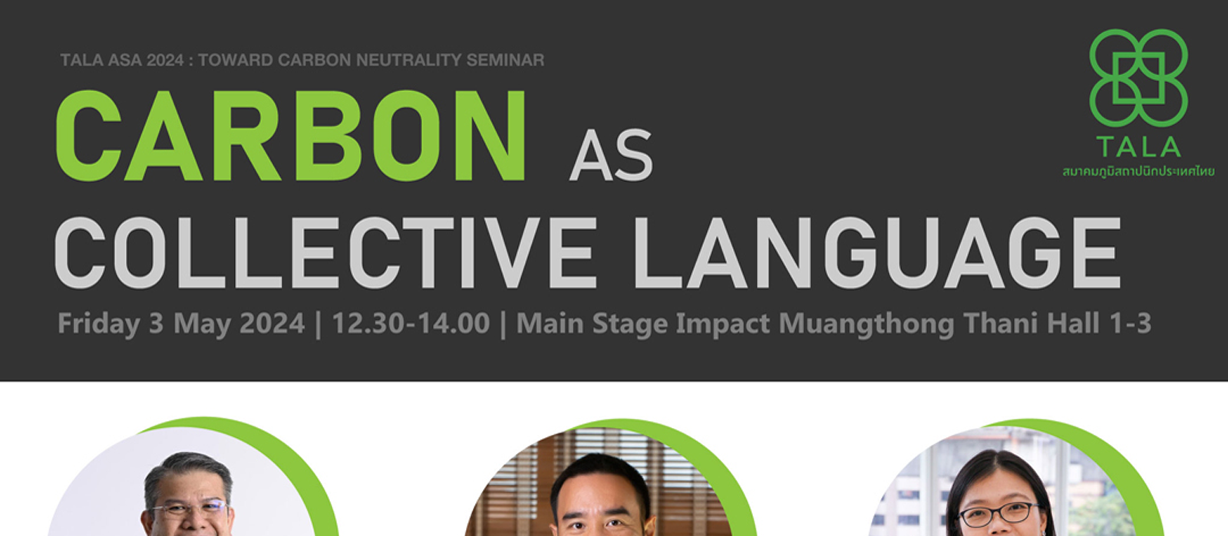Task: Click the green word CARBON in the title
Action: [291, 136]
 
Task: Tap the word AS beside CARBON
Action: [611, 156]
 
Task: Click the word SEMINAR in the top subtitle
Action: [505, 60]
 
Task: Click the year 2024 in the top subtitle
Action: [165, 60]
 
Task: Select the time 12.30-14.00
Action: [411, 323]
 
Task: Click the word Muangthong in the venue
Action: [867, 324]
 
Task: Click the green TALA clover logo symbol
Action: [1139, 77]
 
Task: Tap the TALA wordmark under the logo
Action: [1139, 146]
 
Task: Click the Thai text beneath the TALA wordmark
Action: [1139, 172]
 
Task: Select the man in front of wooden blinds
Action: [602, 495]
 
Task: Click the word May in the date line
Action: [200, 324]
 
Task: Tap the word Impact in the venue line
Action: [722, 324]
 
